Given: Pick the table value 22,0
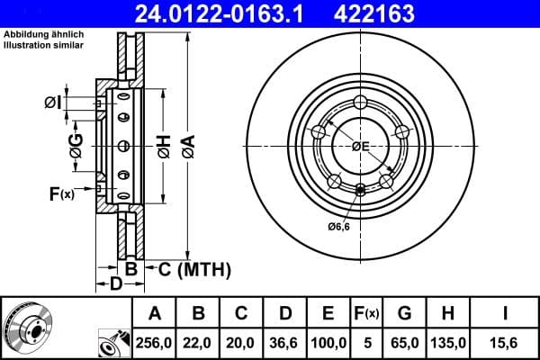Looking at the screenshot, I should click(199, 343).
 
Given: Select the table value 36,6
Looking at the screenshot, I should click(283, 343).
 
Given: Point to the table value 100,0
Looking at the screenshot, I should click(328, 343).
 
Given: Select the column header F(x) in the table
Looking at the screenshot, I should click(367, 313).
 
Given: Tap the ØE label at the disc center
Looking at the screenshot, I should click(361, 146).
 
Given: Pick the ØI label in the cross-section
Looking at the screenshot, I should click(53, 103).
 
